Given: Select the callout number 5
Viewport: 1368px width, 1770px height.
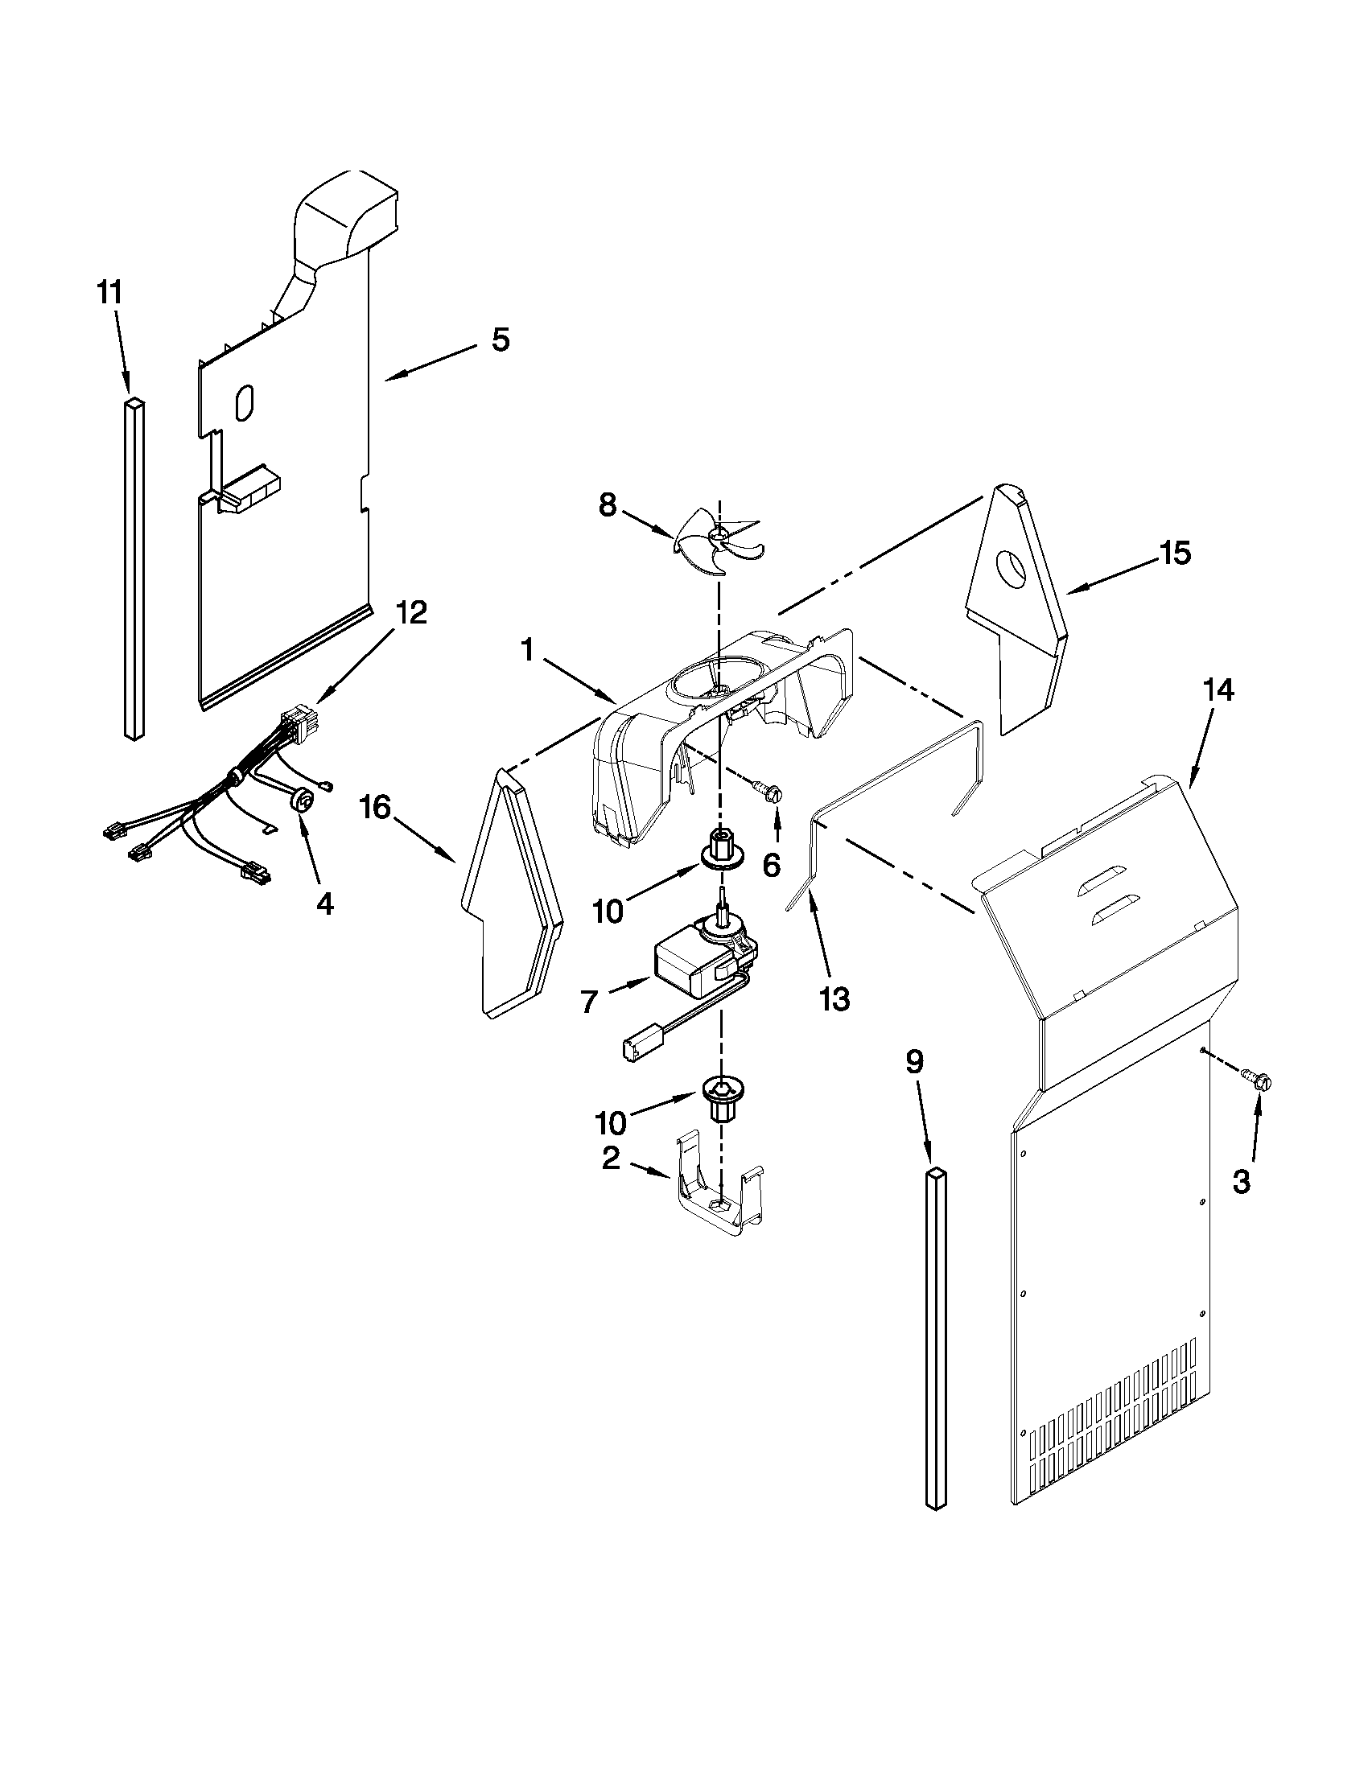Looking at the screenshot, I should coord(500,340).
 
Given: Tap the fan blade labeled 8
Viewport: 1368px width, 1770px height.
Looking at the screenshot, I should coord(718,539).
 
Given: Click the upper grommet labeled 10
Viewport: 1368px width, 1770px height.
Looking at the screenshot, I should coord(719,849).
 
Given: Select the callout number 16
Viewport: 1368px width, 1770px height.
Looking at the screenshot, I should coord(375,806).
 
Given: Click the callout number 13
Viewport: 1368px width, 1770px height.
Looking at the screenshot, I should coord(834,999).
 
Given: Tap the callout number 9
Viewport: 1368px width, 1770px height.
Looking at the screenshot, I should coord(913,1063).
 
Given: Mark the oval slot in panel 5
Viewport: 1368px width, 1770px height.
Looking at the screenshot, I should coord(244,403).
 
